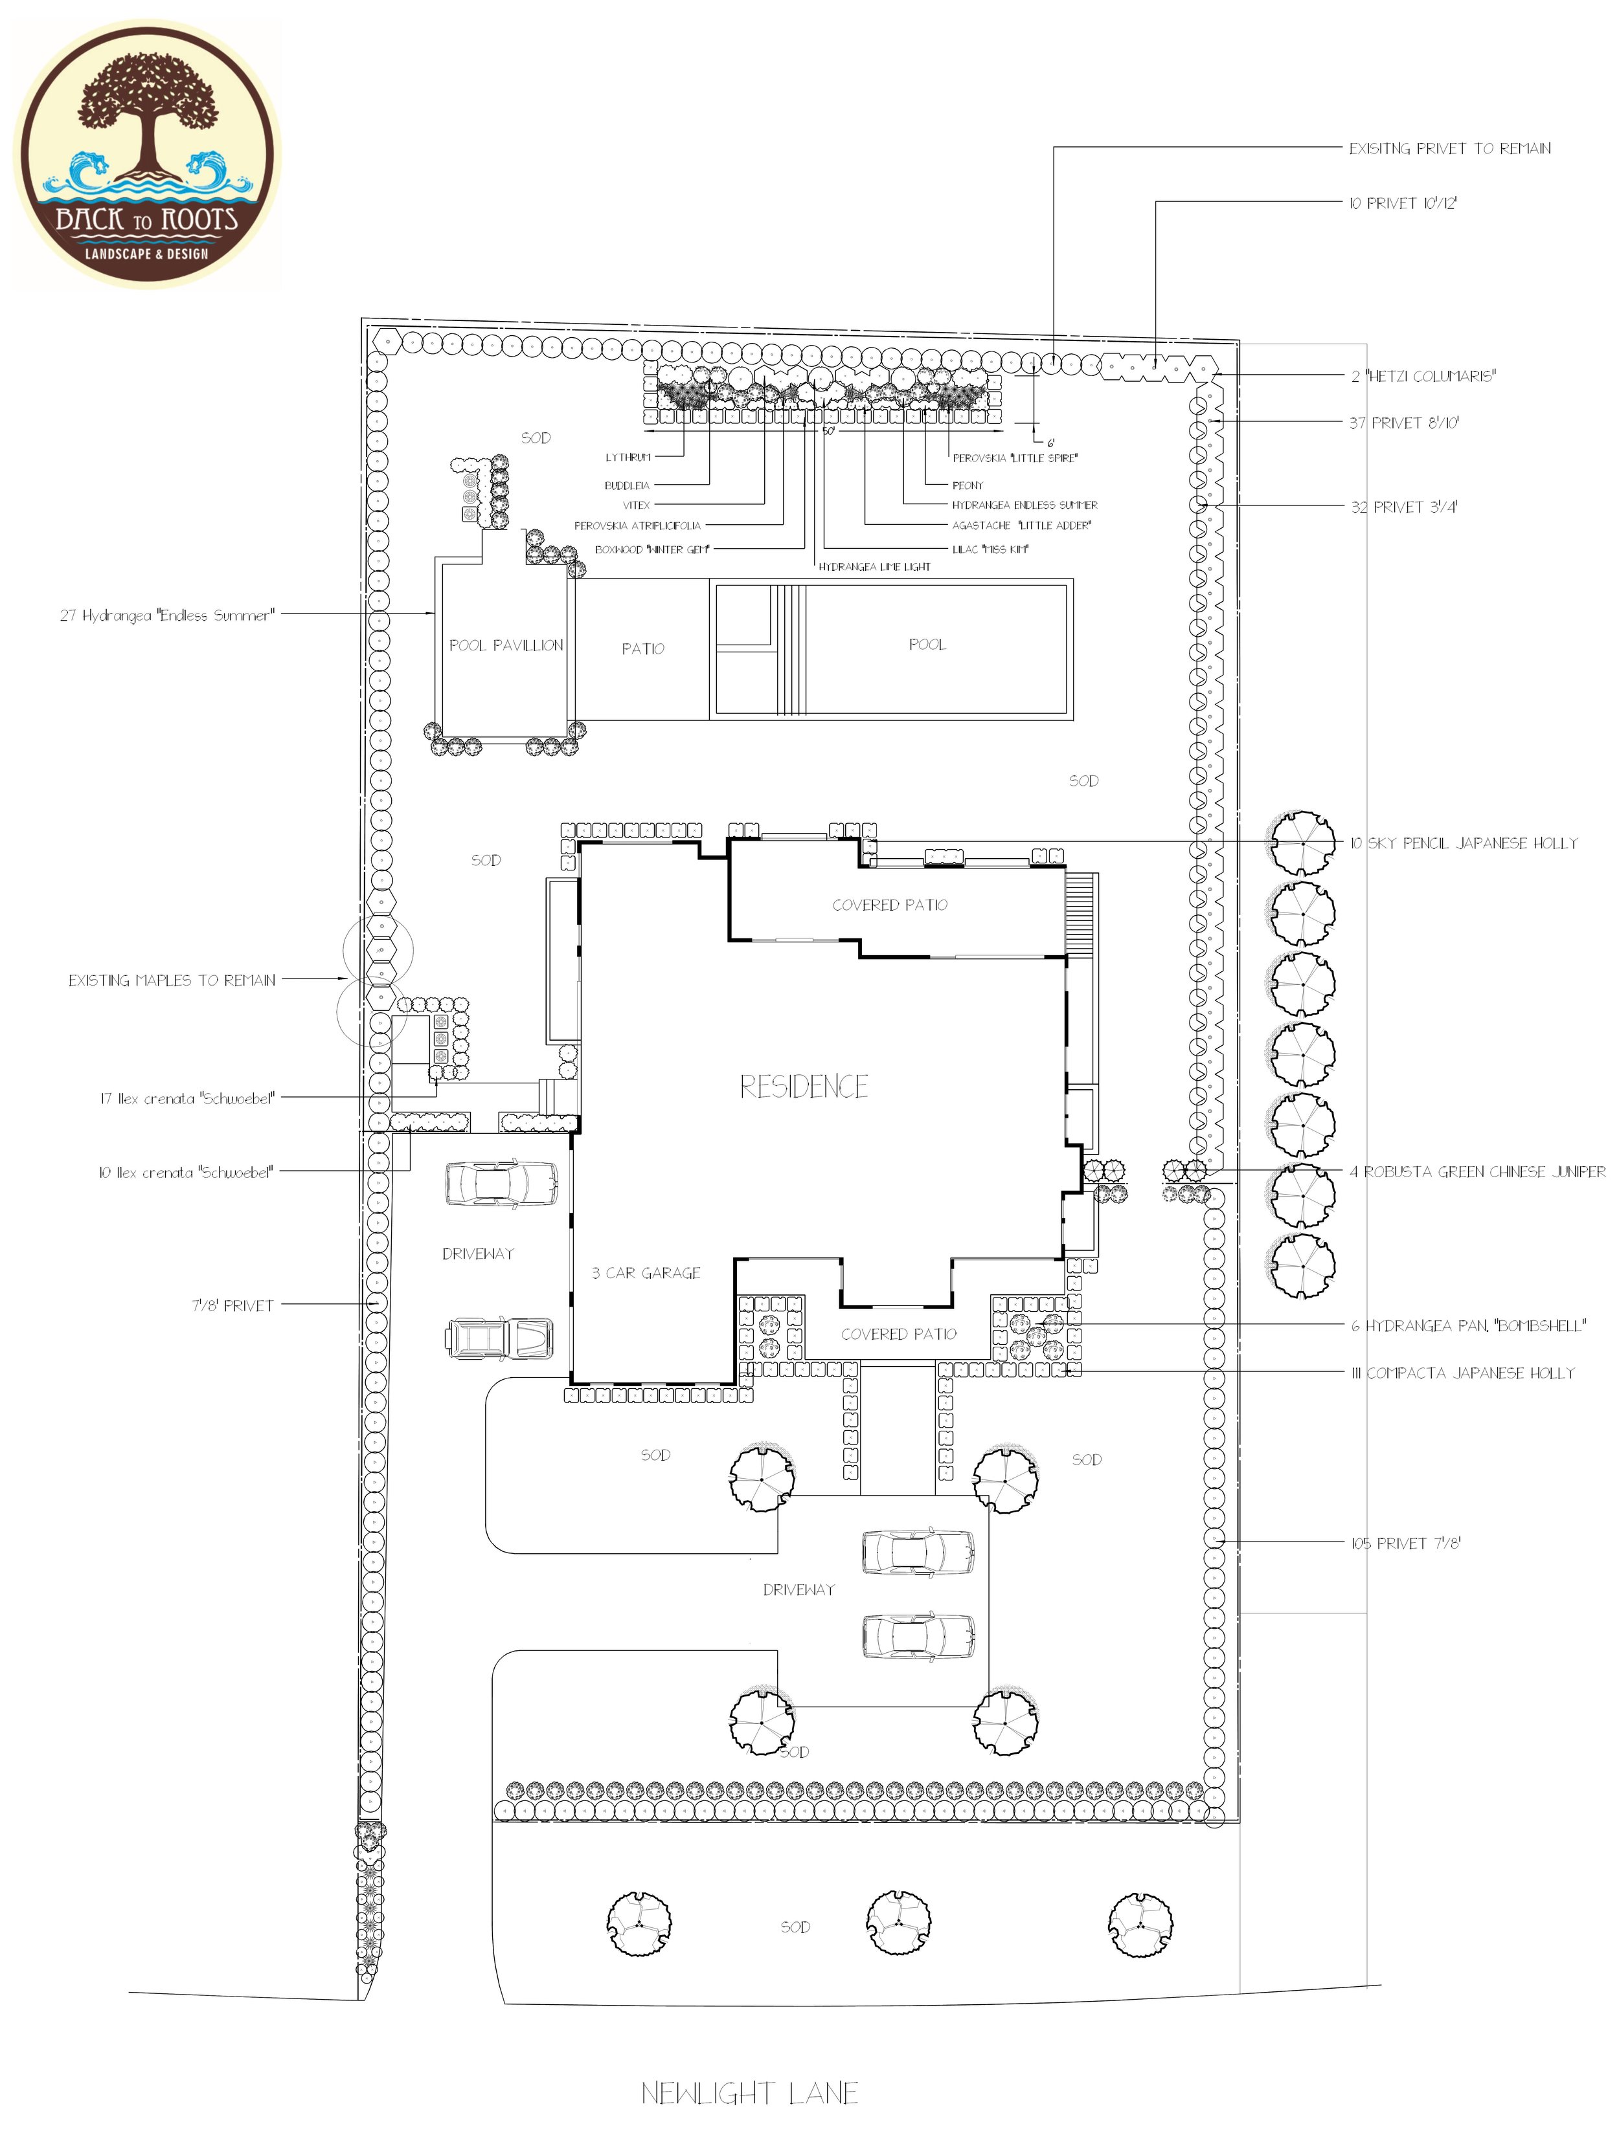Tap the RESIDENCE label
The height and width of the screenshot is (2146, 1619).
coord(804,1087)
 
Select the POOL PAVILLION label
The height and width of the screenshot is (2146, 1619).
coord(506,645)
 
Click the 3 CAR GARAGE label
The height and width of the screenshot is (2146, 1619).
coord(646,1273)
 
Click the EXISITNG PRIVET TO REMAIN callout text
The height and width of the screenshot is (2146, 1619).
coord(1449,148)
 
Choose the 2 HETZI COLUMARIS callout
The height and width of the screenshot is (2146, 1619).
coord(1423,377)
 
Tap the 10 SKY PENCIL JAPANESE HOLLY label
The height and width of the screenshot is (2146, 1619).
coord(1464,843)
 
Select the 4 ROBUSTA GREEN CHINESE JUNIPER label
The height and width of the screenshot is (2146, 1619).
coord(1477,1172)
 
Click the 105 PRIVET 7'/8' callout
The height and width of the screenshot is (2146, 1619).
coord(1405,1543)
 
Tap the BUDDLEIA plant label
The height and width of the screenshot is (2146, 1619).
coord(627,485)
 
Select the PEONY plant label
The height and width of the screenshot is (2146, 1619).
coord(968,485)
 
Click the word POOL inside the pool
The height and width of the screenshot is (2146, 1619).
coord(927,644)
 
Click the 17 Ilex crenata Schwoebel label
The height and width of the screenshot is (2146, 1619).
coord(187,1098)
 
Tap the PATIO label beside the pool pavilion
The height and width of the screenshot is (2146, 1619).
coord(642,649)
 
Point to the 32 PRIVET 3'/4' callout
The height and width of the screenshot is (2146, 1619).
coord(1403,507)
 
